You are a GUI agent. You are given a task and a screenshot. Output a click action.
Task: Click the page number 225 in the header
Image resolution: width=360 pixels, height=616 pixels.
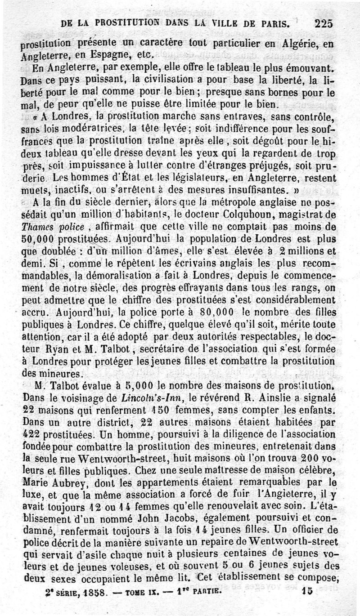point(324,23)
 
